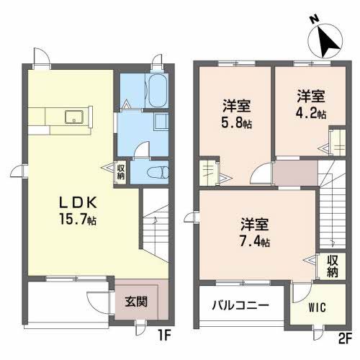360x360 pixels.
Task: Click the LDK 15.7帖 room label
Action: pos(78,211)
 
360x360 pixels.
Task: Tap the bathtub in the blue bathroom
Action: pos(158,91)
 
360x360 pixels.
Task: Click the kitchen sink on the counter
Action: pos(74,117)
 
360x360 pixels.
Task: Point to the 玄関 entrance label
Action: pos(136,302)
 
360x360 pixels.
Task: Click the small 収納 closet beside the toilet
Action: pos(121,172)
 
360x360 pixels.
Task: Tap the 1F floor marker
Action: pos(164,336)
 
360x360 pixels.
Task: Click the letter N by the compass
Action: pos(314,19)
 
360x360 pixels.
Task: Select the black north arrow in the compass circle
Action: pos(328,41)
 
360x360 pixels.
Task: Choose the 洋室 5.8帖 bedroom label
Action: pos(237,114)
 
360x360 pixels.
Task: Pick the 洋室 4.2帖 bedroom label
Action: pos(311,104)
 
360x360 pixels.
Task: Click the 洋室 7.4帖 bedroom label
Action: pos(255,232)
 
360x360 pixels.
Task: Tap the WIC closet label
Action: pos(318,307)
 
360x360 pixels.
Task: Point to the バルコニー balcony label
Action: pos(240,305)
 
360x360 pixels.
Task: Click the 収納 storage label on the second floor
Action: pos(333,266)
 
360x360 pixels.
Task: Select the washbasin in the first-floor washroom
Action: pos(161,122)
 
